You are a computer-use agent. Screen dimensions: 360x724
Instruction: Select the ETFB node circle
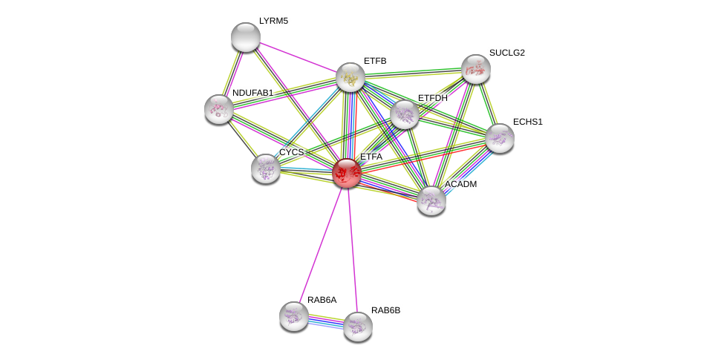coord(350,77)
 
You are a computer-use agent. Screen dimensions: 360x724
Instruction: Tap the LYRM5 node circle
coord(246,37)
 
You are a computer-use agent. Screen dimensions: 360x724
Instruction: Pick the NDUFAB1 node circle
coord(219,109)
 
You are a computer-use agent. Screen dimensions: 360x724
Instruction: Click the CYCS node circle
coord(266,168)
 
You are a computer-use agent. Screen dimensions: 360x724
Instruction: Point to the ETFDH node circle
coord(405,114)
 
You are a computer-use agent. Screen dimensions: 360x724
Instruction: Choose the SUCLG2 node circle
coord(476,69)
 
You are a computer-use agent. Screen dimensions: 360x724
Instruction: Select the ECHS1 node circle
coord(500,138)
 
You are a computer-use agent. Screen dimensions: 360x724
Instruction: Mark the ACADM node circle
coord(431,200)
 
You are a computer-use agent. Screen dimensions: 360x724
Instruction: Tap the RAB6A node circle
coord(294,316)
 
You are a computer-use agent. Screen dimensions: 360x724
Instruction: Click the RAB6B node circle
coord(358,327)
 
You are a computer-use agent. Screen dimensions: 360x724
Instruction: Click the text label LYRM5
coord(273,21)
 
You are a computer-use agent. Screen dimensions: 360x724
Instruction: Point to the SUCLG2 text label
coord(506,53)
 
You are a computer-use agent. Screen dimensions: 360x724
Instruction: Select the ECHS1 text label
coord(527,122)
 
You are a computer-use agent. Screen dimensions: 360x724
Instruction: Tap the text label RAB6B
coord(385,310)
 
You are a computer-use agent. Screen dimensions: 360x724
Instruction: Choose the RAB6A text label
coord(322,300)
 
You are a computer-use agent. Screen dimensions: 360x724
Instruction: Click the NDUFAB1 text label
coord(252,93)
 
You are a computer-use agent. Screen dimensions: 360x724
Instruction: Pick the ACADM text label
coord(460,184)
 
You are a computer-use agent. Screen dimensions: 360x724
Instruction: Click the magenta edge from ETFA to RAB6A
coord(320,245)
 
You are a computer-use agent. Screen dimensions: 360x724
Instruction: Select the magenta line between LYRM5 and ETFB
coord(298,57)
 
